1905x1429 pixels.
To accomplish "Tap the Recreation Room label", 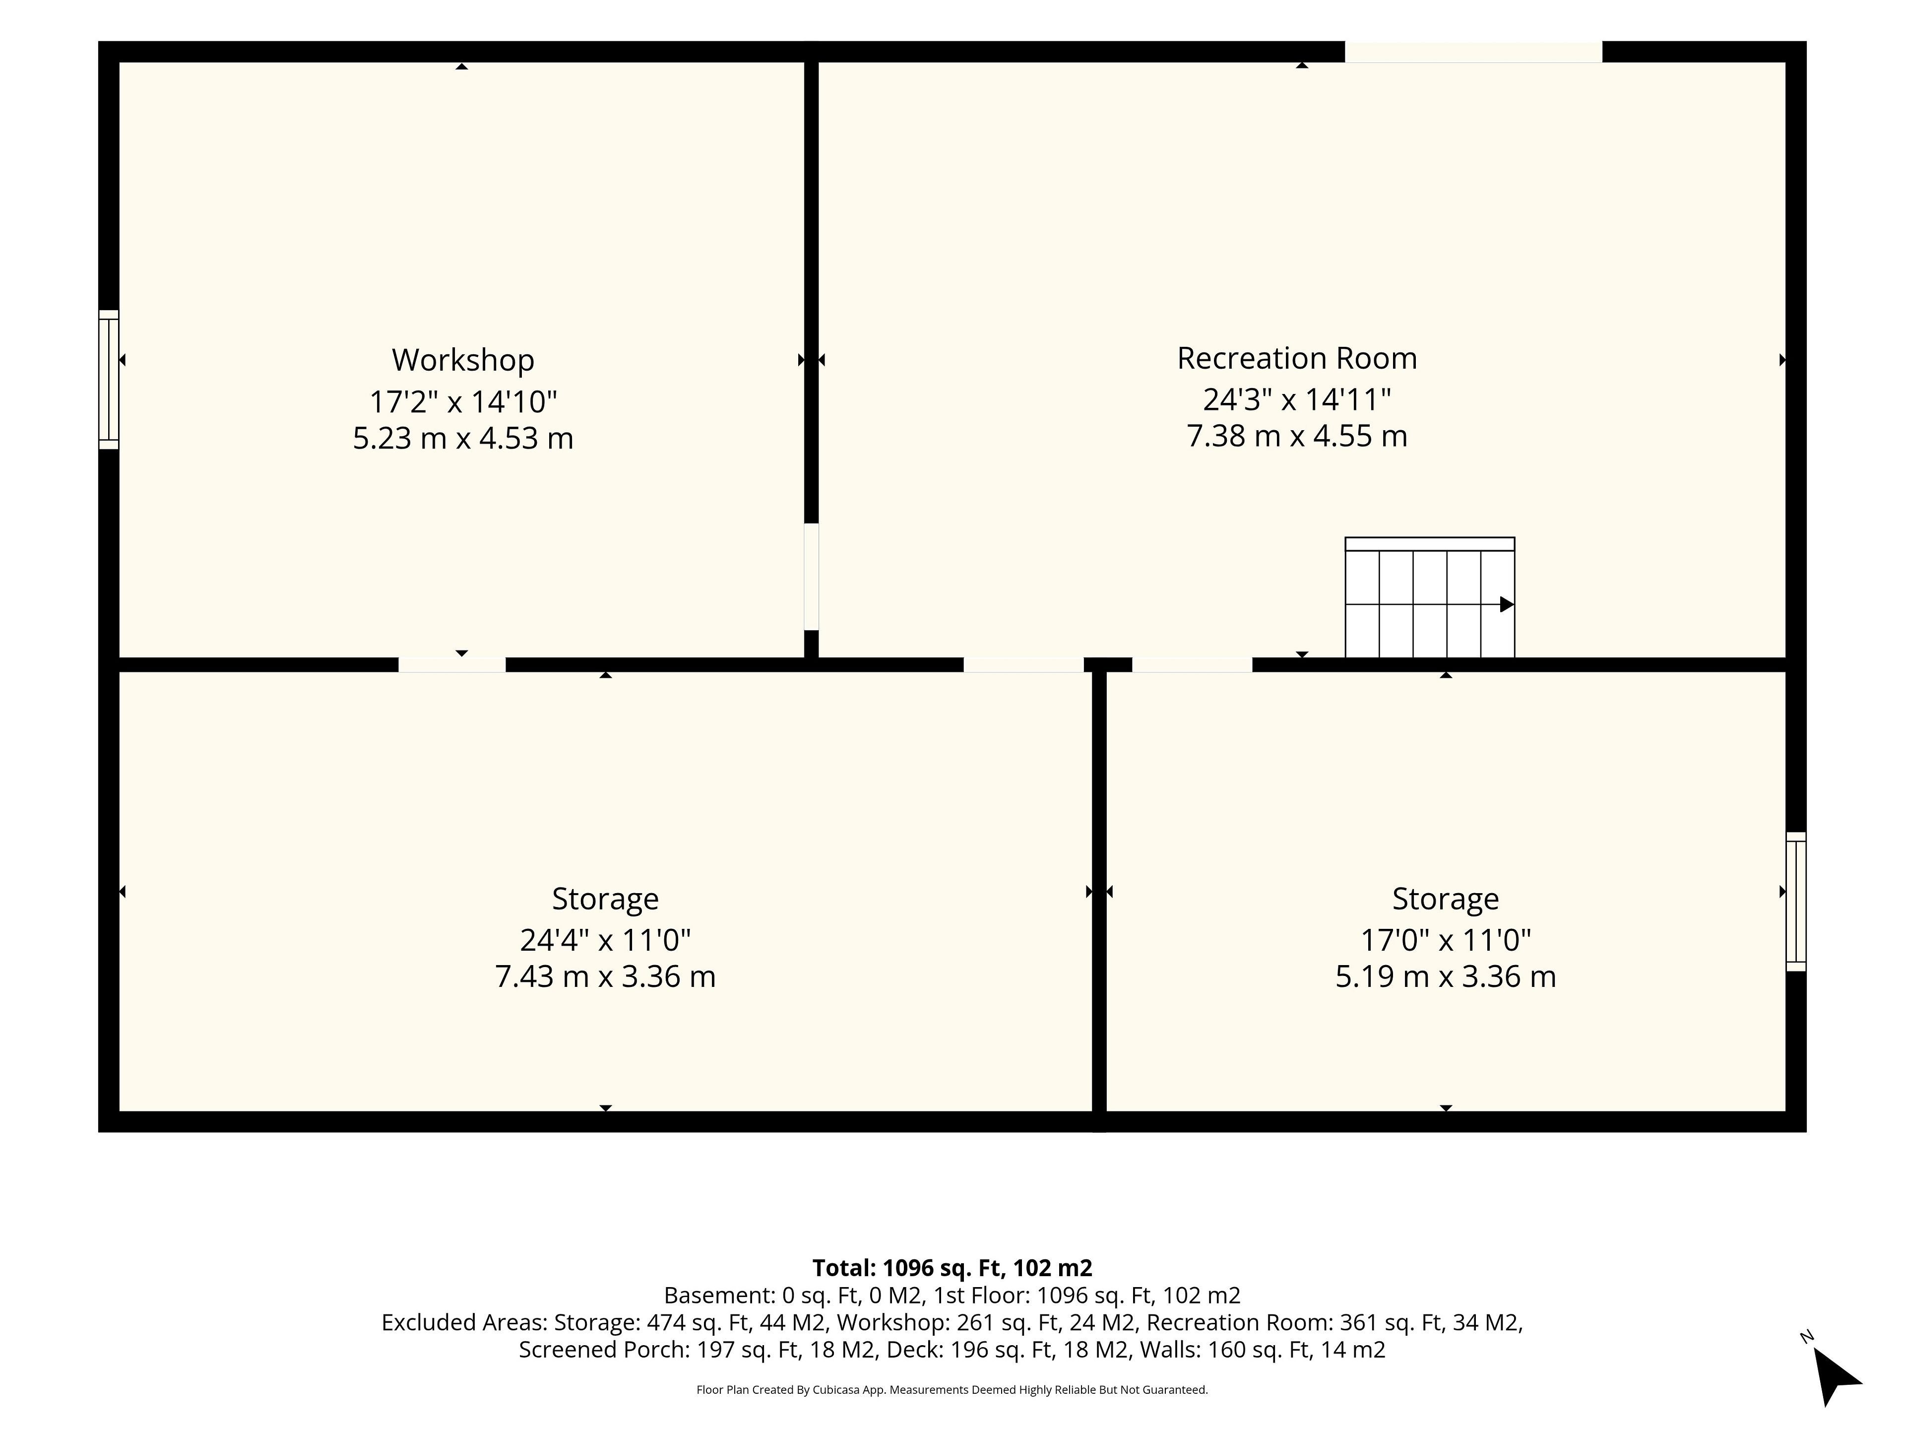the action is click(x=1297, y=358).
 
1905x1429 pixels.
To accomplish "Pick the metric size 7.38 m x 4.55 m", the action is click(x=1297, y=436).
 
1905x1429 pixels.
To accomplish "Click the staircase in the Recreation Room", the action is click(x=1430, y=598).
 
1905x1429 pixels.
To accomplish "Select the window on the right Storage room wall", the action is click(x=1796, y=902).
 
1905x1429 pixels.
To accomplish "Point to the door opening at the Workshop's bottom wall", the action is click(x=452, y=664).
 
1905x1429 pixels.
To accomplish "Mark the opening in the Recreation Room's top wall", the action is click(x=1473, y=52).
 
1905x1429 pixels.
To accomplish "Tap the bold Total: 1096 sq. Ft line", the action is click(x=952, y=1268).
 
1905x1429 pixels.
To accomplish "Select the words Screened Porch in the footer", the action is click(x=602, y=1350).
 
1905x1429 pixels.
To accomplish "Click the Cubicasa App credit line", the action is click(x=952, y=1389).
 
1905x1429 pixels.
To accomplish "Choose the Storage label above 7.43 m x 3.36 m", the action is click(x=605, y=899).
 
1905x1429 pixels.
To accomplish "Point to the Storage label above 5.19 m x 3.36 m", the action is click(x=1446, y=899).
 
